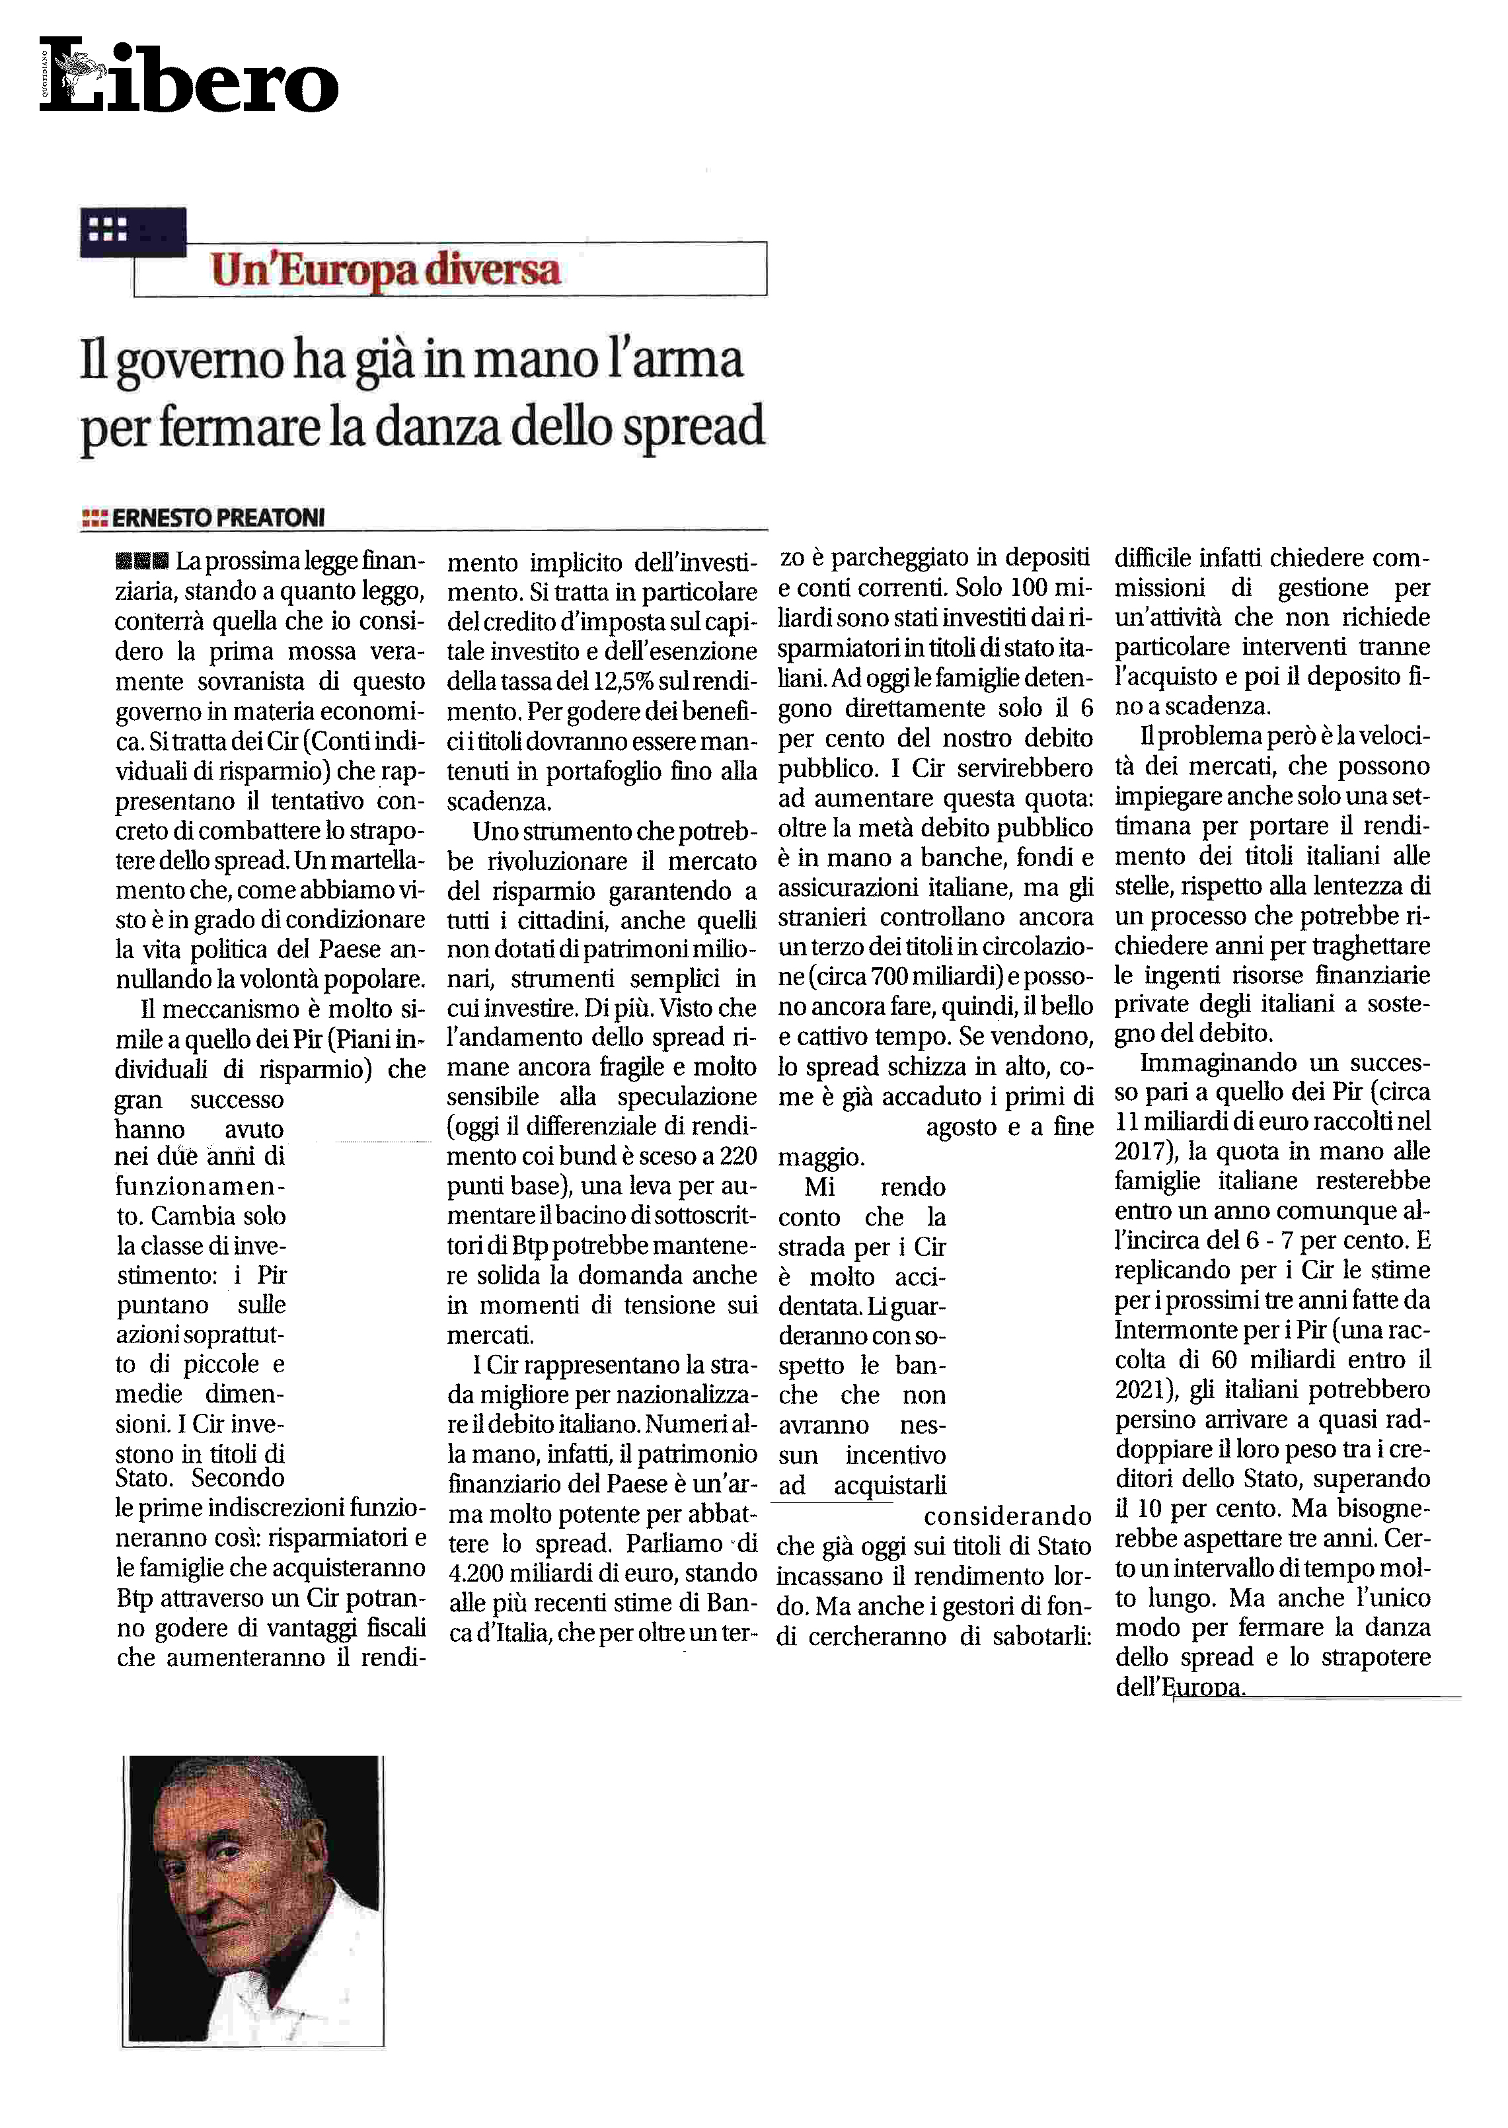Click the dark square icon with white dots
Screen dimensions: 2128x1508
click(132, 231)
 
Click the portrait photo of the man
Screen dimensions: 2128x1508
click(252, 1899)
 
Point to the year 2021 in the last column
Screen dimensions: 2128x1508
click(1139, 1390)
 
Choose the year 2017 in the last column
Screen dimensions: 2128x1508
click(1139, 1152)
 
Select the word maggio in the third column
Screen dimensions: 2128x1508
click(820, 1157)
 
